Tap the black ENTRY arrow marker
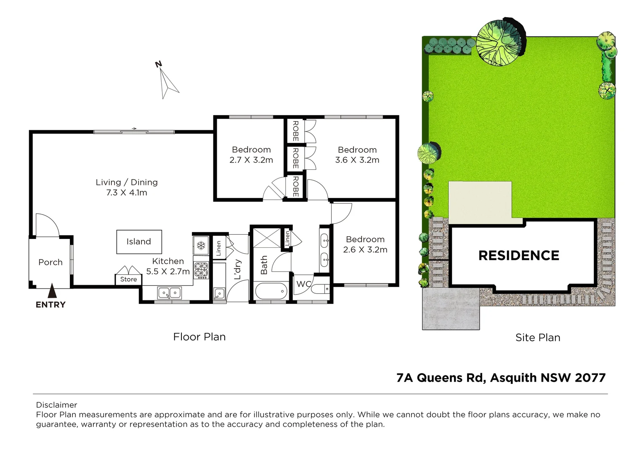[52, 291]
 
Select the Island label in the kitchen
[139, 241]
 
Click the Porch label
[50, 262]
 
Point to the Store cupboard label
[128, 279]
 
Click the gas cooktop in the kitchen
[201, 270]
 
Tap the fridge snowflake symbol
[201, 245]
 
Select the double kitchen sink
[170, 293]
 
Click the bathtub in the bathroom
[271, 291]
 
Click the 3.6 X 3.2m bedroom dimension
[357, 160]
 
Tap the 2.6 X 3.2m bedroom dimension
[365, 250]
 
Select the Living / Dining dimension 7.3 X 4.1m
[127, 193]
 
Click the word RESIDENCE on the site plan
[519, 255]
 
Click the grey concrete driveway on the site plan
[450, 308]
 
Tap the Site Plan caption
[538, 337]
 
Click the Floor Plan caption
[199, 337]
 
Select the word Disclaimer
[57, 405]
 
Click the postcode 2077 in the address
[590, 378]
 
